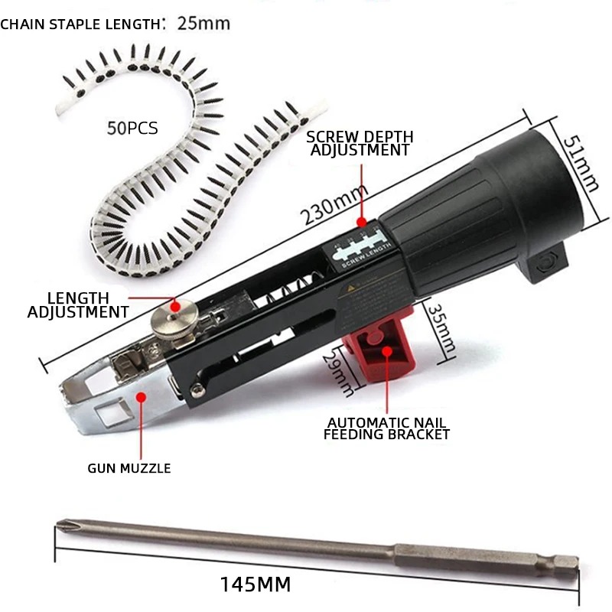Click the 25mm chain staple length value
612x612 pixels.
(x=203, y=23)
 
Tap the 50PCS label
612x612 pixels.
(x=133, y=128)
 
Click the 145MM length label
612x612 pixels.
(x=256, y=585)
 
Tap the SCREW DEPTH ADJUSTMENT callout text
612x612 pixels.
(x=360, y=143)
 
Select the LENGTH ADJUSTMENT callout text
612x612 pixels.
(x=78, y=304)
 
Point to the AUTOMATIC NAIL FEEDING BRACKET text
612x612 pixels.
(x=387, y=428)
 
